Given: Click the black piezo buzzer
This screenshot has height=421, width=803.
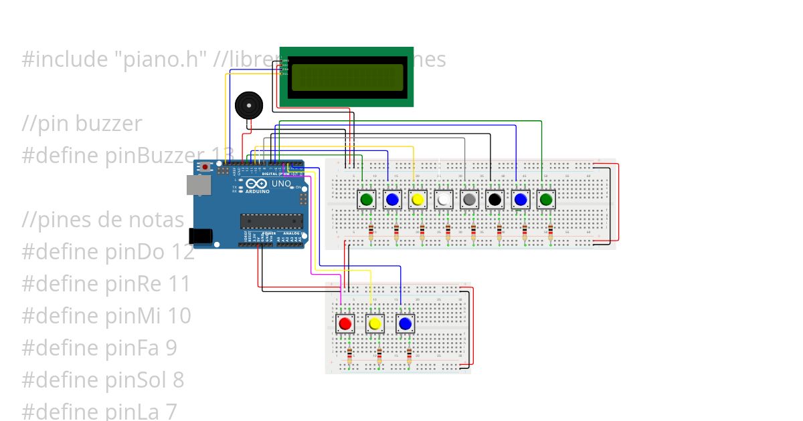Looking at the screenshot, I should (x=248, y=106).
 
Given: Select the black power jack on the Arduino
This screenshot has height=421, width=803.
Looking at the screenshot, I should (x=200, y=235).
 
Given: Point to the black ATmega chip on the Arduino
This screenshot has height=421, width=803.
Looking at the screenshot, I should (x=272, y=220).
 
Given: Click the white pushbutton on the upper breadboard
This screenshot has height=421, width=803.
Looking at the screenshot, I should (x=444, y=199).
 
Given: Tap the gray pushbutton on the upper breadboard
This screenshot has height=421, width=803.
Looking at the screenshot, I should (x=470, y=199).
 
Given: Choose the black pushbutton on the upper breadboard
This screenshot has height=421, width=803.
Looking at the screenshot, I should (x=495, y=199).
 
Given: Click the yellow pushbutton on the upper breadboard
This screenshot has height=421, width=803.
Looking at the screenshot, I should (x=418, y=199).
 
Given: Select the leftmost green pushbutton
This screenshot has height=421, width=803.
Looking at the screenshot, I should (x=367, y=199).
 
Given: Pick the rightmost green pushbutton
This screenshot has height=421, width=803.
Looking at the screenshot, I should (x=546, y=199).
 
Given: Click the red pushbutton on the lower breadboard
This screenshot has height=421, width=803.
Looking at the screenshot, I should (x=345, y=324).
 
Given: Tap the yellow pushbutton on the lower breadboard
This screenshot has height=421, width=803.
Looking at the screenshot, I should (x=375, y=324).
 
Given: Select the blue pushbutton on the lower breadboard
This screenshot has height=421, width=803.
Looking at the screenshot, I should (x=405, y=324).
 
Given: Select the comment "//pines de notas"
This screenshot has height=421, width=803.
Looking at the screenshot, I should (x=102, y=220).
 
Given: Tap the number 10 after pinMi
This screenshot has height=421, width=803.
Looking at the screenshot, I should (x=179, y=316).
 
